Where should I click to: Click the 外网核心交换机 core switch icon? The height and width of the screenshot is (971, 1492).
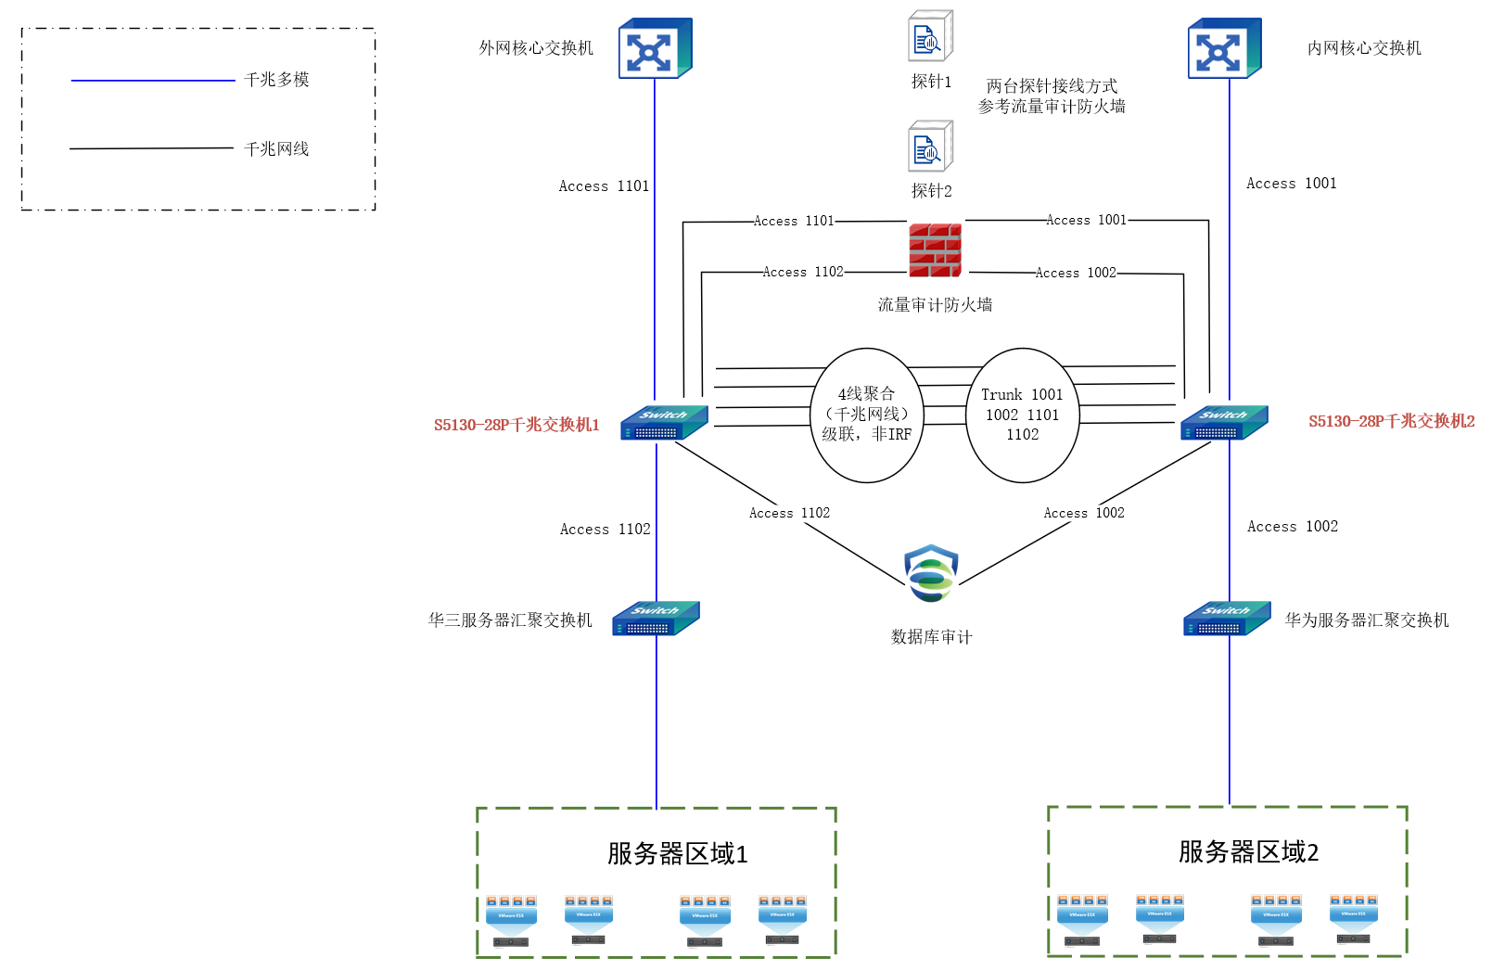pos(655,48)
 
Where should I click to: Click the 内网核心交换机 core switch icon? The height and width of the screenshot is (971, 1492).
pos(1224,48)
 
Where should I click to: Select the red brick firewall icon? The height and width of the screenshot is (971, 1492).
pos(935,250)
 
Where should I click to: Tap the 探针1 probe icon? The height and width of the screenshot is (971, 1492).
pos(930,37)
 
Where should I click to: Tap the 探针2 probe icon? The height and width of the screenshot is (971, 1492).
pos(930,147)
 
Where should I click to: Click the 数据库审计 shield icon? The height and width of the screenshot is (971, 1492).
pos(931,573)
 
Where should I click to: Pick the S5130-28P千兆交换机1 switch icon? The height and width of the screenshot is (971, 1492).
pos(664,423)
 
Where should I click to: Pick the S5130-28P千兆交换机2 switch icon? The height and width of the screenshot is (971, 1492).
pos(1224,423)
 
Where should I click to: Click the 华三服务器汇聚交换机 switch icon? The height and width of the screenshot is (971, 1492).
pos(656,619)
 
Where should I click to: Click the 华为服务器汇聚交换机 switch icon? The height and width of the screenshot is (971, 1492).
pos(1227,619)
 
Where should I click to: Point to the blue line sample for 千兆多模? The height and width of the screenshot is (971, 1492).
pos(153,81)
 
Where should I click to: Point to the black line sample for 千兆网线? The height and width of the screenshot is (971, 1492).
pos(151,148)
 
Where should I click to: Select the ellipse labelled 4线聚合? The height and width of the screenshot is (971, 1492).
pos(867,415)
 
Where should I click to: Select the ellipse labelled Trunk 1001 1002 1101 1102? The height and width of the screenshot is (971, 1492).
pos(1022,415)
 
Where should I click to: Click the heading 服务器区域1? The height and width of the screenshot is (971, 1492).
pos(677,853)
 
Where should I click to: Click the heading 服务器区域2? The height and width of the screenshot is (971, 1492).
pos(1248,851)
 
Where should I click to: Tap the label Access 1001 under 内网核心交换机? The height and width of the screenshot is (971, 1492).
pos(1291,184)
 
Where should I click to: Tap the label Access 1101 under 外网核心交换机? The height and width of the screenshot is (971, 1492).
pos(604,186)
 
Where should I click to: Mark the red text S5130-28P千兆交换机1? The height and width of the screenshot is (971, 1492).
pos(516,425)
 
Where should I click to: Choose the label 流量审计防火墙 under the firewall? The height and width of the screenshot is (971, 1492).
pos(935,305)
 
